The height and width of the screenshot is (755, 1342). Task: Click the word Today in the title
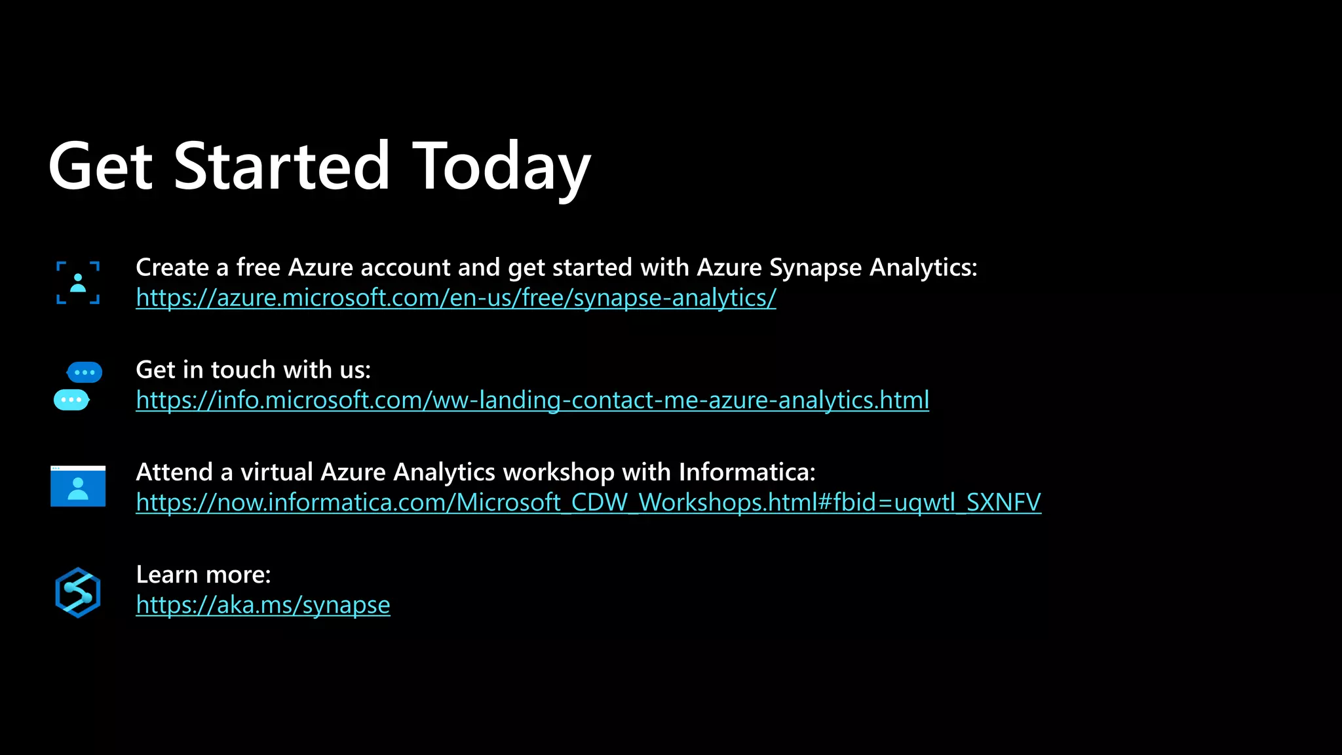[x=501, y=167]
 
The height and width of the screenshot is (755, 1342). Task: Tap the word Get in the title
[x=100, y=167]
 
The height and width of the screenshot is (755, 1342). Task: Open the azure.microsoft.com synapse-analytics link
[x=455, y=298]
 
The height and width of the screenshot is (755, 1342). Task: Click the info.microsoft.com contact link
[x=532, y=400]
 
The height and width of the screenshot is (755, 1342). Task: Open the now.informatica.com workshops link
[x=588, y=503]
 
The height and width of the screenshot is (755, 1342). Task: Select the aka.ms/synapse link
[x=263, y=605]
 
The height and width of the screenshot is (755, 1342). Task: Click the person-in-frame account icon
[x=78, y=283]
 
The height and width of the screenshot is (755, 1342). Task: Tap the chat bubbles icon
[x=78, y=386]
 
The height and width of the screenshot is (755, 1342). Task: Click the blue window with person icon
[x=78, y=486]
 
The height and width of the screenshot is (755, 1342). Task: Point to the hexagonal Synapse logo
[x=78, y=592]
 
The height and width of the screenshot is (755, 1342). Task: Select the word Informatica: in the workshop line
[x=747, y=472]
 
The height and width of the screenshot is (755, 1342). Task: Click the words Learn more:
[x=203, y=575]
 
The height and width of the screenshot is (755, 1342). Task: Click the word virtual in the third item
[x=277, y=472]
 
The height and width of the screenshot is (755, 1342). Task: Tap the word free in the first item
[x=258, y=267]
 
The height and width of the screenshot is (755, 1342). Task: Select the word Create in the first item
[x=172, y=267]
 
